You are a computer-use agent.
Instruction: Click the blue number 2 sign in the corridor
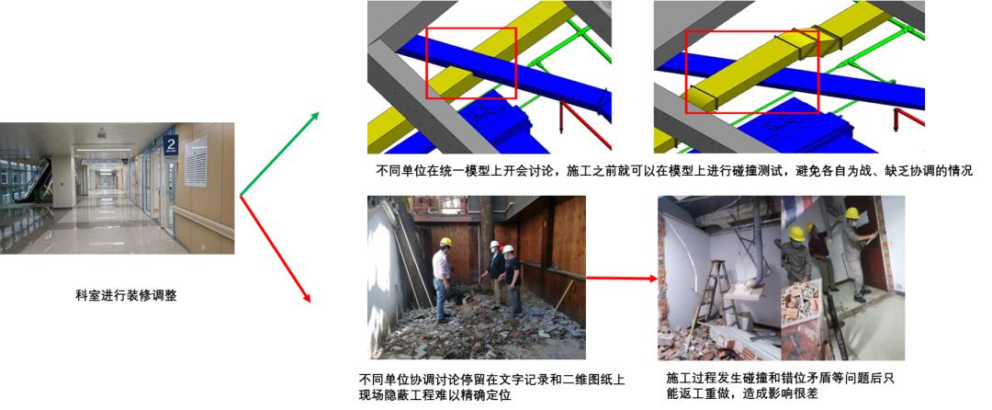pyautogui.click(x=169, y=144)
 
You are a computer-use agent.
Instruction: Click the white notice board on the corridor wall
pyautogui.click(x=196, y=162)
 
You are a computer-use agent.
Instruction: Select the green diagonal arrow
pyautogui.click(x=279, y=154)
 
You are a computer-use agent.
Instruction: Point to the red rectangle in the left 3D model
pyautogui.click(x=471, y=63)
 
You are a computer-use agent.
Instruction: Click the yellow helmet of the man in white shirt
pyautogui.click(x=445, y=243)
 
